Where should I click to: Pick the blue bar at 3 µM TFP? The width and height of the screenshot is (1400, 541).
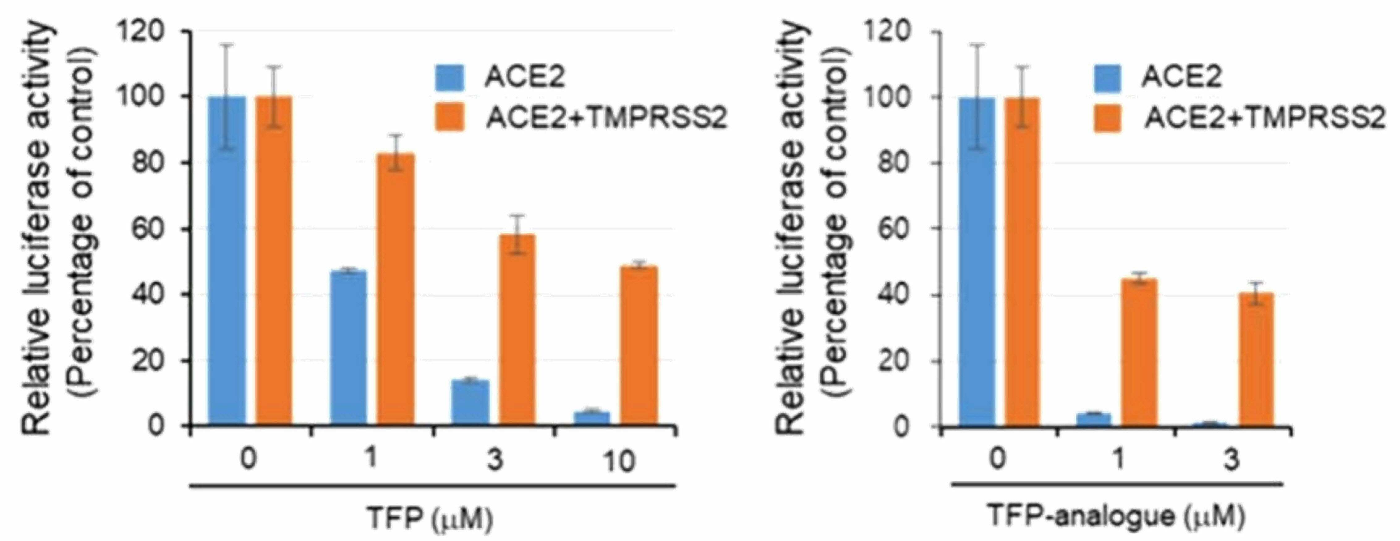click(470, 403)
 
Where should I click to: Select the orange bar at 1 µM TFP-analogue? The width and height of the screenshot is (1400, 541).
click(1139, 352)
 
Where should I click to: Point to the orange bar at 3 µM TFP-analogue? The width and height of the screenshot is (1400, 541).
click(1256, 360)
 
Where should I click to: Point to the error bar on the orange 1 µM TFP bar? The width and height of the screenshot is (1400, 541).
click(396, 153)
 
